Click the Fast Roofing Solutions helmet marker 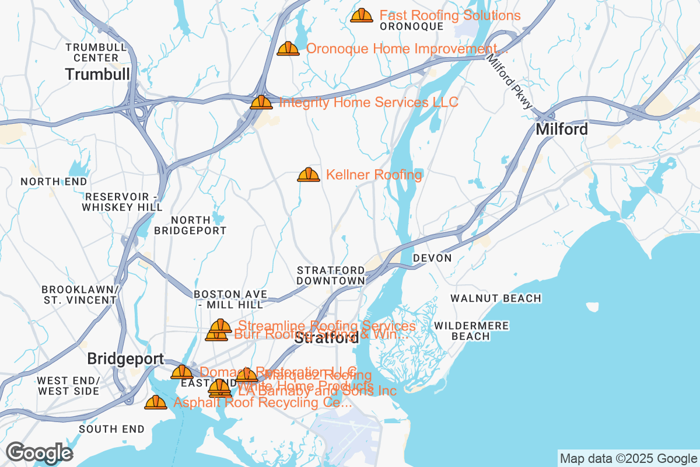(362, 15)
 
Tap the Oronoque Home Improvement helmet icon (288, 48)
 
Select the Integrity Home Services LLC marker (261, 102)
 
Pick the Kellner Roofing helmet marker (309, 175)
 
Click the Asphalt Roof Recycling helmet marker (156, 402)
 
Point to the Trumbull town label (97, 74)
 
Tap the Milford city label (562, 129)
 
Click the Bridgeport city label (125, 358)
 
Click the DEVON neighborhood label (432, 258)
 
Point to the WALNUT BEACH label (496, 298)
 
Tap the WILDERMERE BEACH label (471, 331)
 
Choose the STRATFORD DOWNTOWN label (331, 276)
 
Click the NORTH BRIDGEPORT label (190, 225)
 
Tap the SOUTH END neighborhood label (111, 429)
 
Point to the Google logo (40, 452)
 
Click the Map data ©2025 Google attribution (628, 458)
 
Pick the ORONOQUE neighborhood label (411, 26)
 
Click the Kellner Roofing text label (374, 175)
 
